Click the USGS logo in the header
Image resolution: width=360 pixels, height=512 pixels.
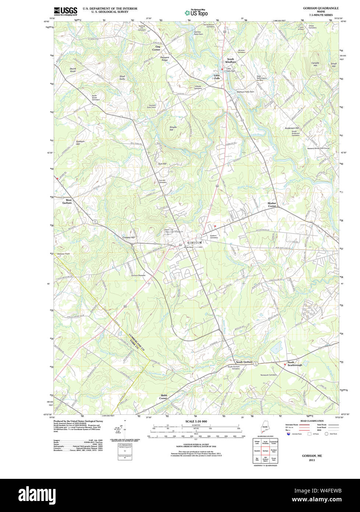point(66,11)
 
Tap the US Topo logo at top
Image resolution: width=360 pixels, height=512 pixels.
point(196,12)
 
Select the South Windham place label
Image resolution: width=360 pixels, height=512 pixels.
point(230,60)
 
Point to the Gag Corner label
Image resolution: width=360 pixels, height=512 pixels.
point(158,48)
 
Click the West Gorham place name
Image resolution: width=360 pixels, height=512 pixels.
point(67,201)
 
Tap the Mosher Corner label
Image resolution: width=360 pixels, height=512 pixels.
point(272,204)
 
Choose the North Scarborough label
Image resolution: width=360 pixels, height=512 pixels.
point(294,363)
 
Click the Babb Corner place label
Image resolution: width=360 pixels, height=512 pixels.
point(163,397)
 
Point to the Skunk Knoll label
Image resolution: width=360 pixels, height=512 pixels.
point(73,70)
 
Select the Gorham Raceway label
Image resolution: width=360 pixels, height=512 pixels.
point(139,275)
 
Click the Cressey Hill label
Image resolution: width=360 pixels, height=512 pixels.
point(128,238)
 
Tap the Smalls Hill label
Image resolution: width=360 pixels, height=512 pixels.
point(173,128)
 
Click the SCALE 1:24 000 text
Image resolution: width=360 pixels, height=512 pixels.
point(196,421)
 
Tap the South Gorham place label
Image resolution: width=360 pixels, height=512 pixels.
point(244,362)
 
